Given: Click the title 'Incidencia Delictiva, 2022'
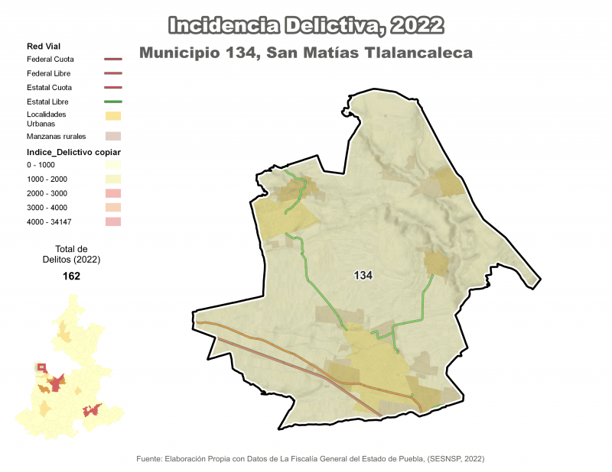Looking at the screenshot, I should point(305,25).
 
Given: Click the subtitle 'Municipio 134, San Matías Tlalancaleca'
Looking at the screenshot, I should point(306,53).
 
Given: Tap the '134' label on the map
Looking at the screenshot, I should point(363,275).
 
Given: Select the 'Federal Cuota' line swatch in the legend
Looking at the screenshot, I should point(112,59).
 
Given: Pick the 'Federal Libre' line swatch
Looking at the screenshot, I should point(112,73).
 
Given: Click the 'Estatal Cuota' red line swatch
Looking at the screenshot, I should point(112,88).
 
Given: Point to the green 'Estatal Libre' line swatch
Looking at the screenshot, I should point(112,102).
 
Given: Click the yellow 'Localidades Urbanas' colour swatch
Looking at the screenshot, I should point(112,116).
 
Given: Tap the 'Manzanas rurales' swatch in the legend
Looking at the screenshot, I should point(112,136).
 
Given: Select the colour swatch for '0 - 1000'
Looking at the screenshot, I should point(112,165).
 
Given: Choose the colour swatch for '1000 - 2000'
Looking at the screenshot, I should point(112,179).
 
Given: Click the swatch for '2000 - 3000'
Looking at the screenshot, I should point(112,193).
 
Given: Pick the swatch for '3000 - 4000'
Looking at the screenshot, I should point(112,207).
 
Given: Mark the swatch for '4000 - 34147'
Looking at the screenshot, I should point(112,221).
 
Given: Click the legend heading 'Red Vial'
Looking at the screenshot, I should point(44,47).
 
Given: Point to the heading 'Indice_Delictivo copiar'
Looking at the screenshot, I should point(73,152).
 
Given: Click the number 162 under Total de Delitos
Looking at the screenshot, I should point(72,276).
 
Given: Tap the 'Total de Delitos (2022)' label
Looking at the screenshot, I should point(72,254).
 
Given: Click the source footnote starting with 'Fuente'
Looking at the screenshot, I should point(310,459).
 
